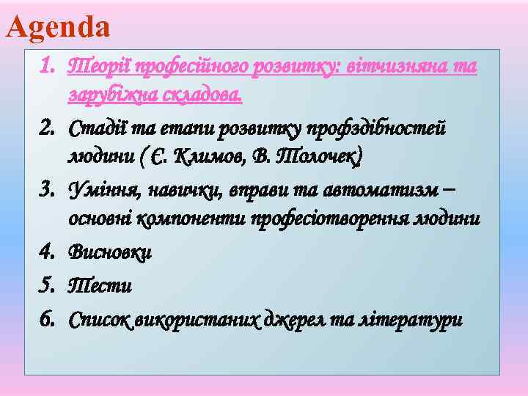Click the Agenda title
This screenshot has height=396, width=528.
click(x=58, y=27)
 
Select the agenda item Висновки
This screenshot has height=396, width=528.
click(x=110, y=252)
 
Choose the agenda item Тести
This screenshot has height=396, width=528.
click(x=100, y=286)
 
